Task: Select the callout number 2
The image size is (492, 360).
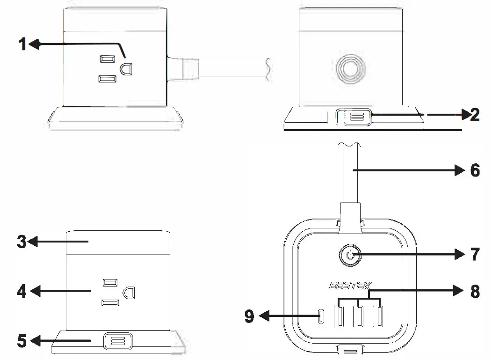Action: tap(474, 114)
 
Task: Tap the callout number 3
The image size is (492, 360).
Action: tap(22, 242)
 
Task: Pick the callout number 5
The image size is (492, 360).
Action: tap(22, 340)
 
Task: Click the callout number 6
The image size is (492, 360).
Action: tap(475, 170)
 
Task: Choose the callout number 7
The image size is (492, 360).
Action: tap(475, 255)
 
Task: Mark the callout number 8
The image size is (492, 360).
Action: tap(475, 291)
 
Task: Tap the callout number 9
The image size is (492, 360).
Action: tap(249, 317)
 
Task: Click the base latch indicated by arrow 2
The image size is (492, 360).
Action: tap(354, 116)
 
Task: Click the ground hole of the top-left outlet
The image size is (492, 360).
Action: tap(127, 68)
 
